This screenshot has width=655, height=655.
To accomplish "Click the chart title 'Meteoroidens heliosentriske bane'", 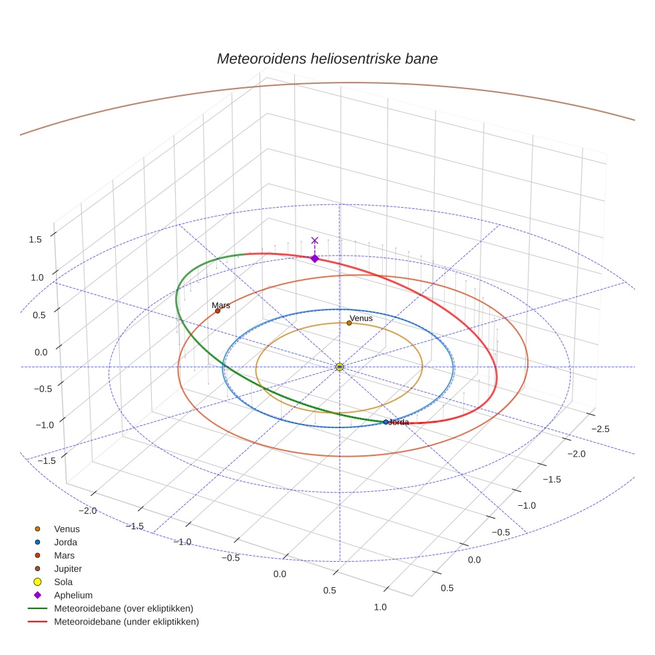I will pyautogui.click(x=327, y=59).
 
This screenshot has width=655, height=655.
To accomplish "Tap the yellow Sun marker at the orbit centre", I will pyautogui.click(x=339, y=367).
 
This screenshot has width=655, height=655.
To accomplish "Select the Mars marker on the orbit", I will pyautogui.click(x=218, y=311).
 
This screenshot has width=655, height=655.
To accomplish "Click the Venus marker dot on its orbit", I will pyautogui.click(x=349, y=324).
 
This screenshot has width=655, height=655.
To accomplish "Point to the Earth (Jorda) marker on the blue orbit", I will pyautogui.click(x=386, y=422).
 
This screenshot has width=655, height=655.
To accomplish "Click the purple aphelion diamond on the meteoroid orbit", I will pyautogui.click(x=315, y=258).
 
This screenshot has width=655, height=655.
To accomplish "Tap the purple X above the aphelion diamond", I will pyautogui.click(x=315, y=240).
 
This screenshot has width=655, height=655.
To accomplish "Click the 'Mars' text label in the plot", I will pyautogui.click(x=221, y=306).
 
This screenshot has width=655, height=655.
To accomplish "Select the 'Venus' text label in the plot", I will pyautogui.click(x=361, y=318).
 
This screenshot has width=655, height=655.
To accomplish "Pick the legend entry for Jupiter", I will pyautogui.click(x=68, y=568).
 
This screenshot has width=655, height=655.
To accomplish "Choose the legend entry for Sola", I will pyautogui.click(x=63, y=582).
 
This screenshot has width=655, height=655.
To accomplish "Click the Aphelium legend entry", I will pyautogui.click(x=73, y=595).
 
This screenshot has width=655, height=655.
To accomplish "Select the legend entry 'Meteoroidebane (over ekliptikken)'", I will pyautogui.click(x=123, y=608).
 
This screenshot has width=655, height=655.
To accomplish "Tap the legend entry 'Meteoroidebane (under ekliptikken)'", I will pyautogui.click(x=126, y=622).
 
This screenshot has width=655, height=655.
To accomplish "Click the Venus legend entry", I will pyautogui.click(x=67, y=529).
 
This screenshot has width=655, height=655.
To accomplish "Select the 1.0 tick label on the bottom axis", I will pyautogui.click(x=380, y=606).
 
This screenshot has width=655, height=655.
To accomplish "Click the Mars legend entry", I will pyautogui.click(x=64, y=555).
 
